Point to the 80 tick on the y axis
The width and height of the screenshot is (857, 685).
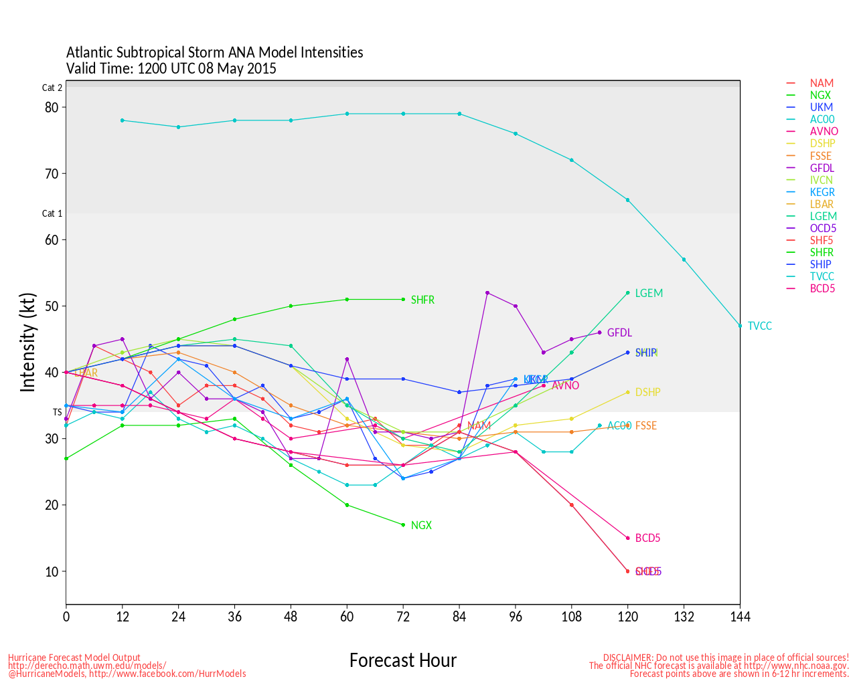52,107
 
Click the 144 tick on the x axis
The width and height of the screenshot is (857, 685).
740,616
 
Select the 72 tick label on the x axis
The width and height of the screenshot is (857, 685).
403,616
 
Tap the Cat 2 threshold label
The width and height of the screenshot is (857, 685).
52,88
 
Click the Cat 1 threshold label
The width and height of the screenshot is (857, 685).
52,213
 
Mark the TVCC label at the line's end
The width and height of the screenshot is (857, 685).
759,326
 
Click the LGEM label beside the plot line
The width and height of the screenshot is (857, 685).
648,293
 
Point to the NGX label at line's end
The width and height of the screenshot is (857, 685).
421,526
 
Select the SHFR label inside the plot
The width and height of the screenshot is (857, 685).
422,300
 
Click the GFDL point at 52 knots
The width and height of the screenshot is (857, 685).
487,293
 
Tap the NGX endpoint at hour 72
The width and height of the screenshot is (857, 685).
403,525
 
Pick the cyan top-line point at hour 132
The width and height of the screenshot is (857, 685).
684,260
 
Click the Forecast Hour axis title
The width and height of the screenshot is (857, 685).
402,660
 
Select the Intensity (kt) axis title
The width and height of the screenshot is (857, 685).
27,342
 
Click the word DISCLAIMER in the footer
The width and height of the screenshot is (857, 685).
627,658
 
